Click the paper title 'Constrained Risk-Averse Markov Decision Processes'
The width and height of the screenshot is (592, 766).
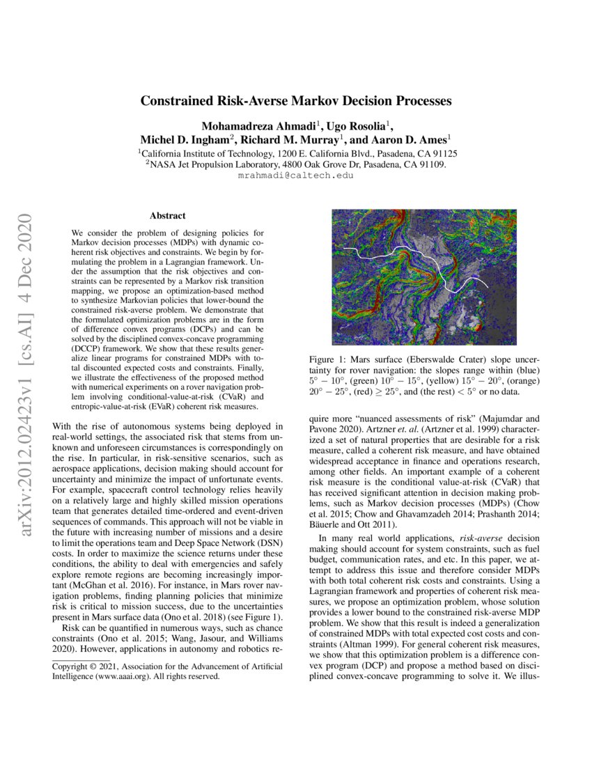point(296,101)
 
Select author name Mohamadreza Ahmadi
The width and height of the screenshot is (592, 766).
point(258,126)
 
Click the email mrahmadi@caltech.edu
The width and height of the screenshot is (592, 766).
point(296,176)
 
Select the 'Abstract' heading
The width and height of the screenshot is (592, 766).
point(167,217)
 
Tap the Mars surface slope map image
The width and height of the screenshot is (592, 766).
point(424,276)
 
